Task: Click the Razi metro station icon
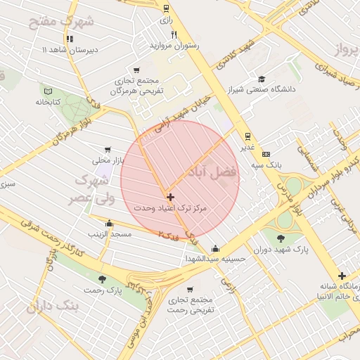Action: [x=166, y=9]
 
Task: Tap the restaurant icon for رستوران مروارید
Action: [x=174, y=34]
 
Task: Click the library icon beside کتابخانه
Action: [x=48, y=91]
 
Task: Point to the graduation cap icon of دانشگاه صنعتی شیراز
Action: [x=262, y=79]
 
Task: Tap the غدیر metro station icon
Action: [x=247, y=136]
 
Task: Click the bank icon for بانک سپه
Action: [x=266, y=154]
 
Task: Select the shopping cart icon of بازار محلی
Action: [x=107, y=150]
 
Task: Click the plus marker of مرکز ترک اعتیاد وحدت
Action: [x=170, y=198]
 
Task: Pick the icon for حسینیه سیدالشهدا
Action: [x=215, y=248]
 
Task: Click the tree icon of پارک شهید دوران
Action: [x=281, y=238]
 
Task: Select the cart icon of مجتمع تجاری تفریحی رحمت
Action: [x=190, y=290]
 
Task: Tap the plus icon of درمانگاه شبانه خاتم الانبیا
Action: [x=342, y=276]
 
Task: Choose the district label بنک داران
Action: [x=51, y=307]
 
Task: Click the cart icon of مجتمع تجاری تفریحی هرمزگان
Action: [x=136, y=70]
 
